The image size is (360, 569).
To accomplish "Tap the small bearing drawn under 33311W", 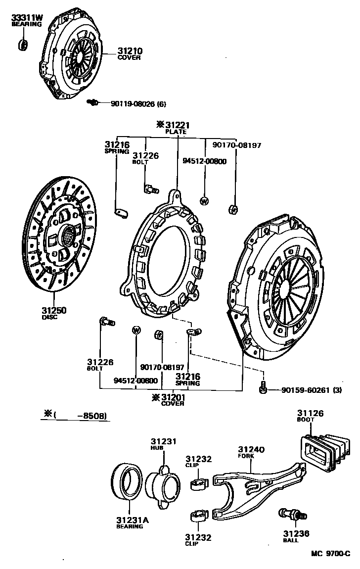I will click(x=23, y=45).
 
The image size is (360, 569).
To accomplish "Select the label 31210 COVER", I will click(x=129, y=53).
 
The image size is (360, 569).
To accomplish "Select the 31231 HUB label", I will click(x=163, y=444).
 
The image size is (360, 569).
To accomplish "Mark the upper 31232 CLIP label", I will click(x=198, y=462).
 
